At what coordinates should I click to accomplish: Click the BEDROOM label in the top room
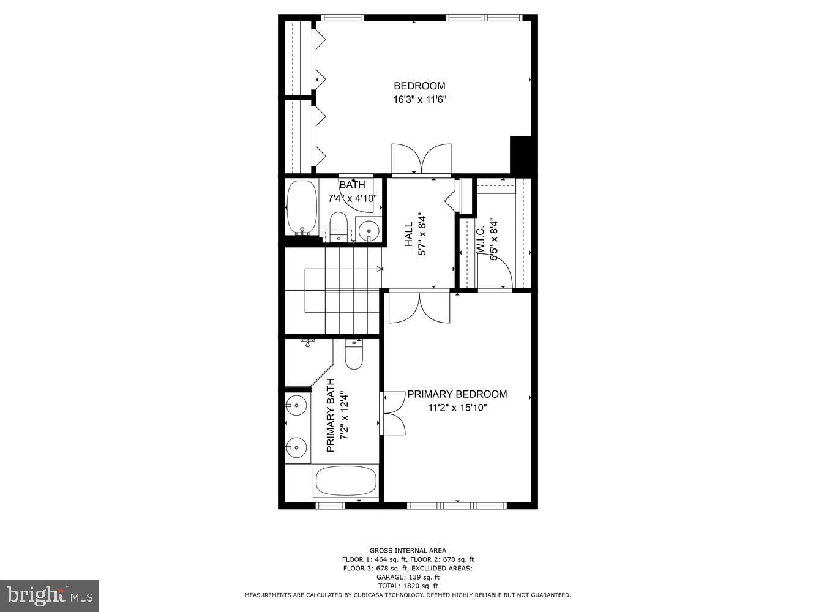tap(419, 86)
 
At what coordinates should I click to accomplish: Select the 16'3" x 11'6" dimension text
tap(419, 99)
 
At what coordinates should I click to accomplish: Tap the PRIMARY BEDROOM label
tap(457, 394)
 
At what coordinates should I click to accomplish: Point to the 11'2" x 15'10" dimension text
tap(457, 408)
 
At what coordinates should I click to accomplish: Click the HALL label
tap(408, 234)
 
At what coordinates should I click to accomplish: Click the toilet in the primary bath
tap(354, 355)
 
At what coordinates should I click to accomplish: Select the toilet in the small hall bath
tap(338, 224)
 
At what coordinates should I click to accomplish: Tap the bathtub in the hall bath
tap(301, 207)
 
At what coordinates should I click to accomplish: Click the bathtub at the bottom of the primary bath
tap(346, 482)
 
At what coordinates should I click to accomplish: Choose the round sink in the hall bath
tap(369, 230)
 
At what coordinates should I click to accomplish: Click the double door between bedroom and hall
tap(421, 159)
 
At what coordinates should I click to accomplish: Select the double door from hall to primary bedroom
tap(419, 307)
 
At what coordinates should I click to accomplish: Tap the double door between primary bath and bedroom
tap(393, 413)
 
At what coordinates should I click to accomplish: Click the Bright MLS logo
tap(50, 594)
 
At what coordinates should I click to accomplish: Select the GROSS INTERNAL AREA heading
tap(408, 550)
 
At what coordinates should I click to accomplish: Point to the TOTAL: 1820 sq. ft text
tap(408, 586)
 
